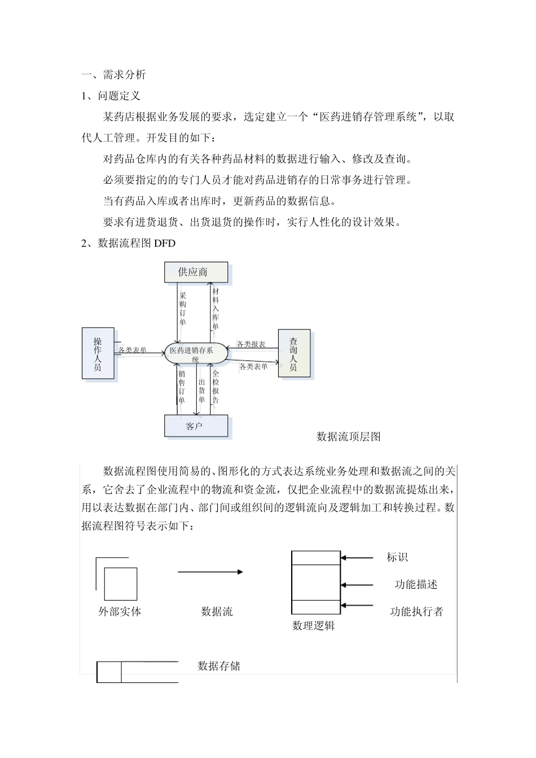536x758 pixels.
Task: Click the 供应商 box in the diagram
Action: [x=196, y=272]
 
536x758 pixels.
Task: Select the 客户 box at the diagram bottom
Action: [x=196, y=426]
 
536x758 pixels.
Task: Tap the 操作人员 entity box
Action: [x=98, y=354]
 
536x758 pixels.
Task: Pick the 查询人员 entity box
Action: [x=294, y=354]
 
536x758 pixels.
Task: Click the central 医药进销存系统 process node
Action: [x=195, y=354]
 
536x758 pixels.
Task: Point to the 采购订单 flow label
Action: [x=183, y=309]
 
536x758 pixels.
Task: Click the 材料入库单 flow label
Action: [x=216, y=309]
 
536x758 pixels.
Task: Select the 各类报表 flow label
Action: [x=252, y=344]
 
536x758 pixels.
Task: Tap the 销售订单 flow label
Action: [x=182, y=387]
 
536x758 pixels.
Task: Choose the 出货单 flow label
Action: [x=201, y=391]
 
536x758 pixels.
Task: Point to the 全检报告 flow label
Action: [x=216, y=387]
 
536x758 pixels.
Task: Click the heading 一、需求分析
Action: [x=113, y=74]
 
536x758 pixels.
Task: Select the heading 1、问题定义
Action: [x=111, y=96]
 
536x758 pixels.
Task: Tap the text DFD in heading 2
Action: [x=165, y=244]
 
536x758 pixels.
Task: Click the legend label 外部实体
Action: [x=120, y=611]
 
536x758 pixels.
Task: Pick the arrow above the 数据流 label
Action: [x=210, y=572]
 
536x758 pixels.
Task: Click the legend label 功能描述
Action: [x=416, y=584]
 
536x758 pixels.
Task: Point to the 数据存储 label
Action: [x=219, y=666]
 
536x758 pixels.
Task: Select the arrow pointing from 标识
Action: [x=357, y=558]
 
